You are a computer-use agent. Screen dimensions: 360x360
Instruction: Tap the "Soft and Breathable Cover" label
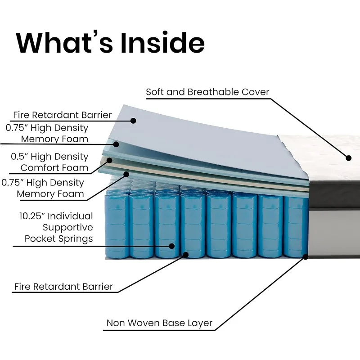pos(207,92)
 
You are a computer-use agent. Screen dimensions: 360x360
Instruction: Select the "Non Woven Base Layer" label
pos(159,323)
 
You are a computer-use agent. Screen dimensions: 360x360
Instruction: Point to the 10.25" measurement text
pos(33,216)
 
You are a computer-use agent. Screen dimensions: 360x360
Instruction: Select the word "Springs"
pos(76,238)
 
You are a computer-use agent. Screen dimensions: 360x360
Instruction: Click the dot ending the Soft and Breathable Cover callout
pos(348,157)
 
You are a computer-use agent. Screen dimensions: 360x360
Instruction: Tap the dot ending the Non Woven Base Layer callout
pos(306,257)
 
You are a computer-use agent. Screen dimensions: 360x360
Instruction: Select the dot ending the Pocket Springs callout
pos(171,246)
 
